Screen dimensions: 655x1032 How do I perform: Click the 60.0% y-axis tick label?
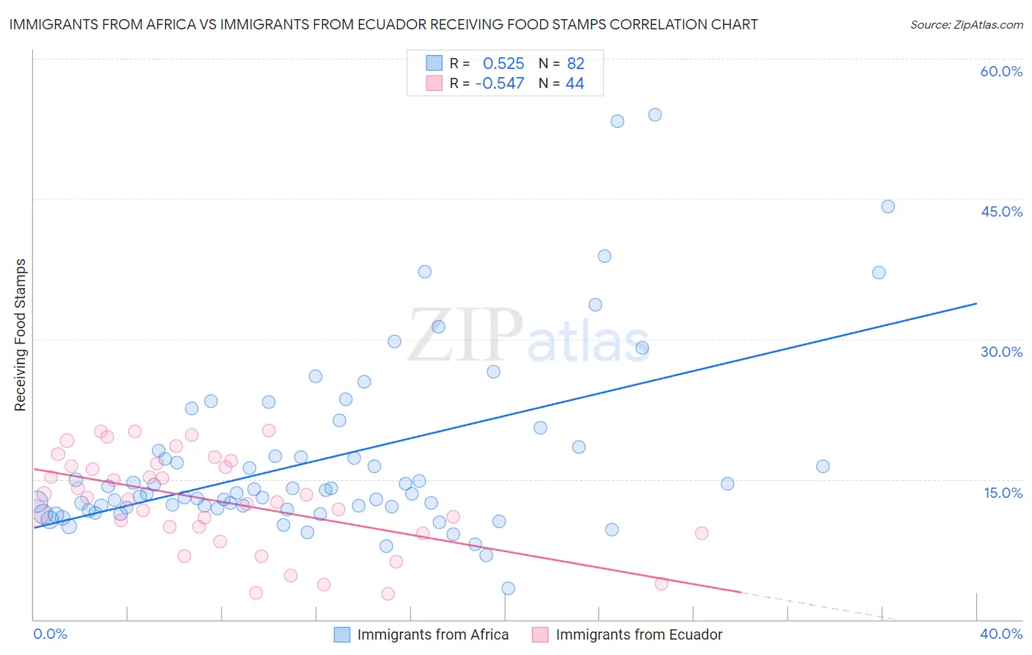tap(1001, 71)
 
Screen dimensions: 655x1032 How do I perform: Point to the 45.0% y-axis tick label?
tap(1001, 211)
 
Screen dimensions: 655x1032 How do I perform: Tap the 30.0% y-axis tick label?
tap(1001, 352)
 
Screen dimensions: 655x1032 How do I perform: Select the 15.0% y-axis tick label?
tap(1003, 493)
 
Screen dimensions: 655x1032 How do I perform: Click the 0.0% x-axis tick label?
tap(51, 634)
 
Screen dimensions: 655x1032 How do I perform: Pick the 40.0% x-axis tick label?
tap(1000, 634)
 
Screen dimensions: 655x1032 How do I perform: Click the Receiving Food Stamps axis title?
tap(21, 335)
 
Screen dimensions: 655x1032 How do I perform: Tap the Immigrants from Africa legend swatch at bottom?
tap(342, 634)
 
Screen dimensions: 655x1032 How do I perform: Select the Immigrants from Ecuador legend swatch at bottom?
tap(540, 634)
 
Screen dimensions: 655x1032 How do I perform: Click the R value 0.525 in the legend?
tap(503, 63)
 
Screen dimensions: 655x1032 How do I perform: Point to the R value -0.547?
tap(500, 84)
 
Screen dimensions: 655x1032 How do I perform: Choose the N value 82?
tap(575, 63)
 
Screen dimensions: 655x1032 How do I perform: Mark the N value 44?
tap(575, 84)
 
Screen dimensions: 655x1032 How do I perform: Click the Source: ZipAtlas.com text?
tap(966, 25)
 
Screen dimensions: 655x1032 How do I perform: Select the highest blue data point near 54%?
tap(655, 115)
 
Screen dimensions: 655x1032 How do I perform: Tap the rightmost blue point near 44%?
tap(887, 206)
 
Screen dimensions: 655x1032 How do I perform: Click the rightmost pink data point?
tap(702, 533)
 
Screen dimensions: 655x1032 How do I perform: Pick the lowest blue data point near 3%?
tap(508, 588)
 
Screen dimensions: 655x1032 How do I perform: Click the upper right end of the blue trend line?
tap(976, 303)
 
